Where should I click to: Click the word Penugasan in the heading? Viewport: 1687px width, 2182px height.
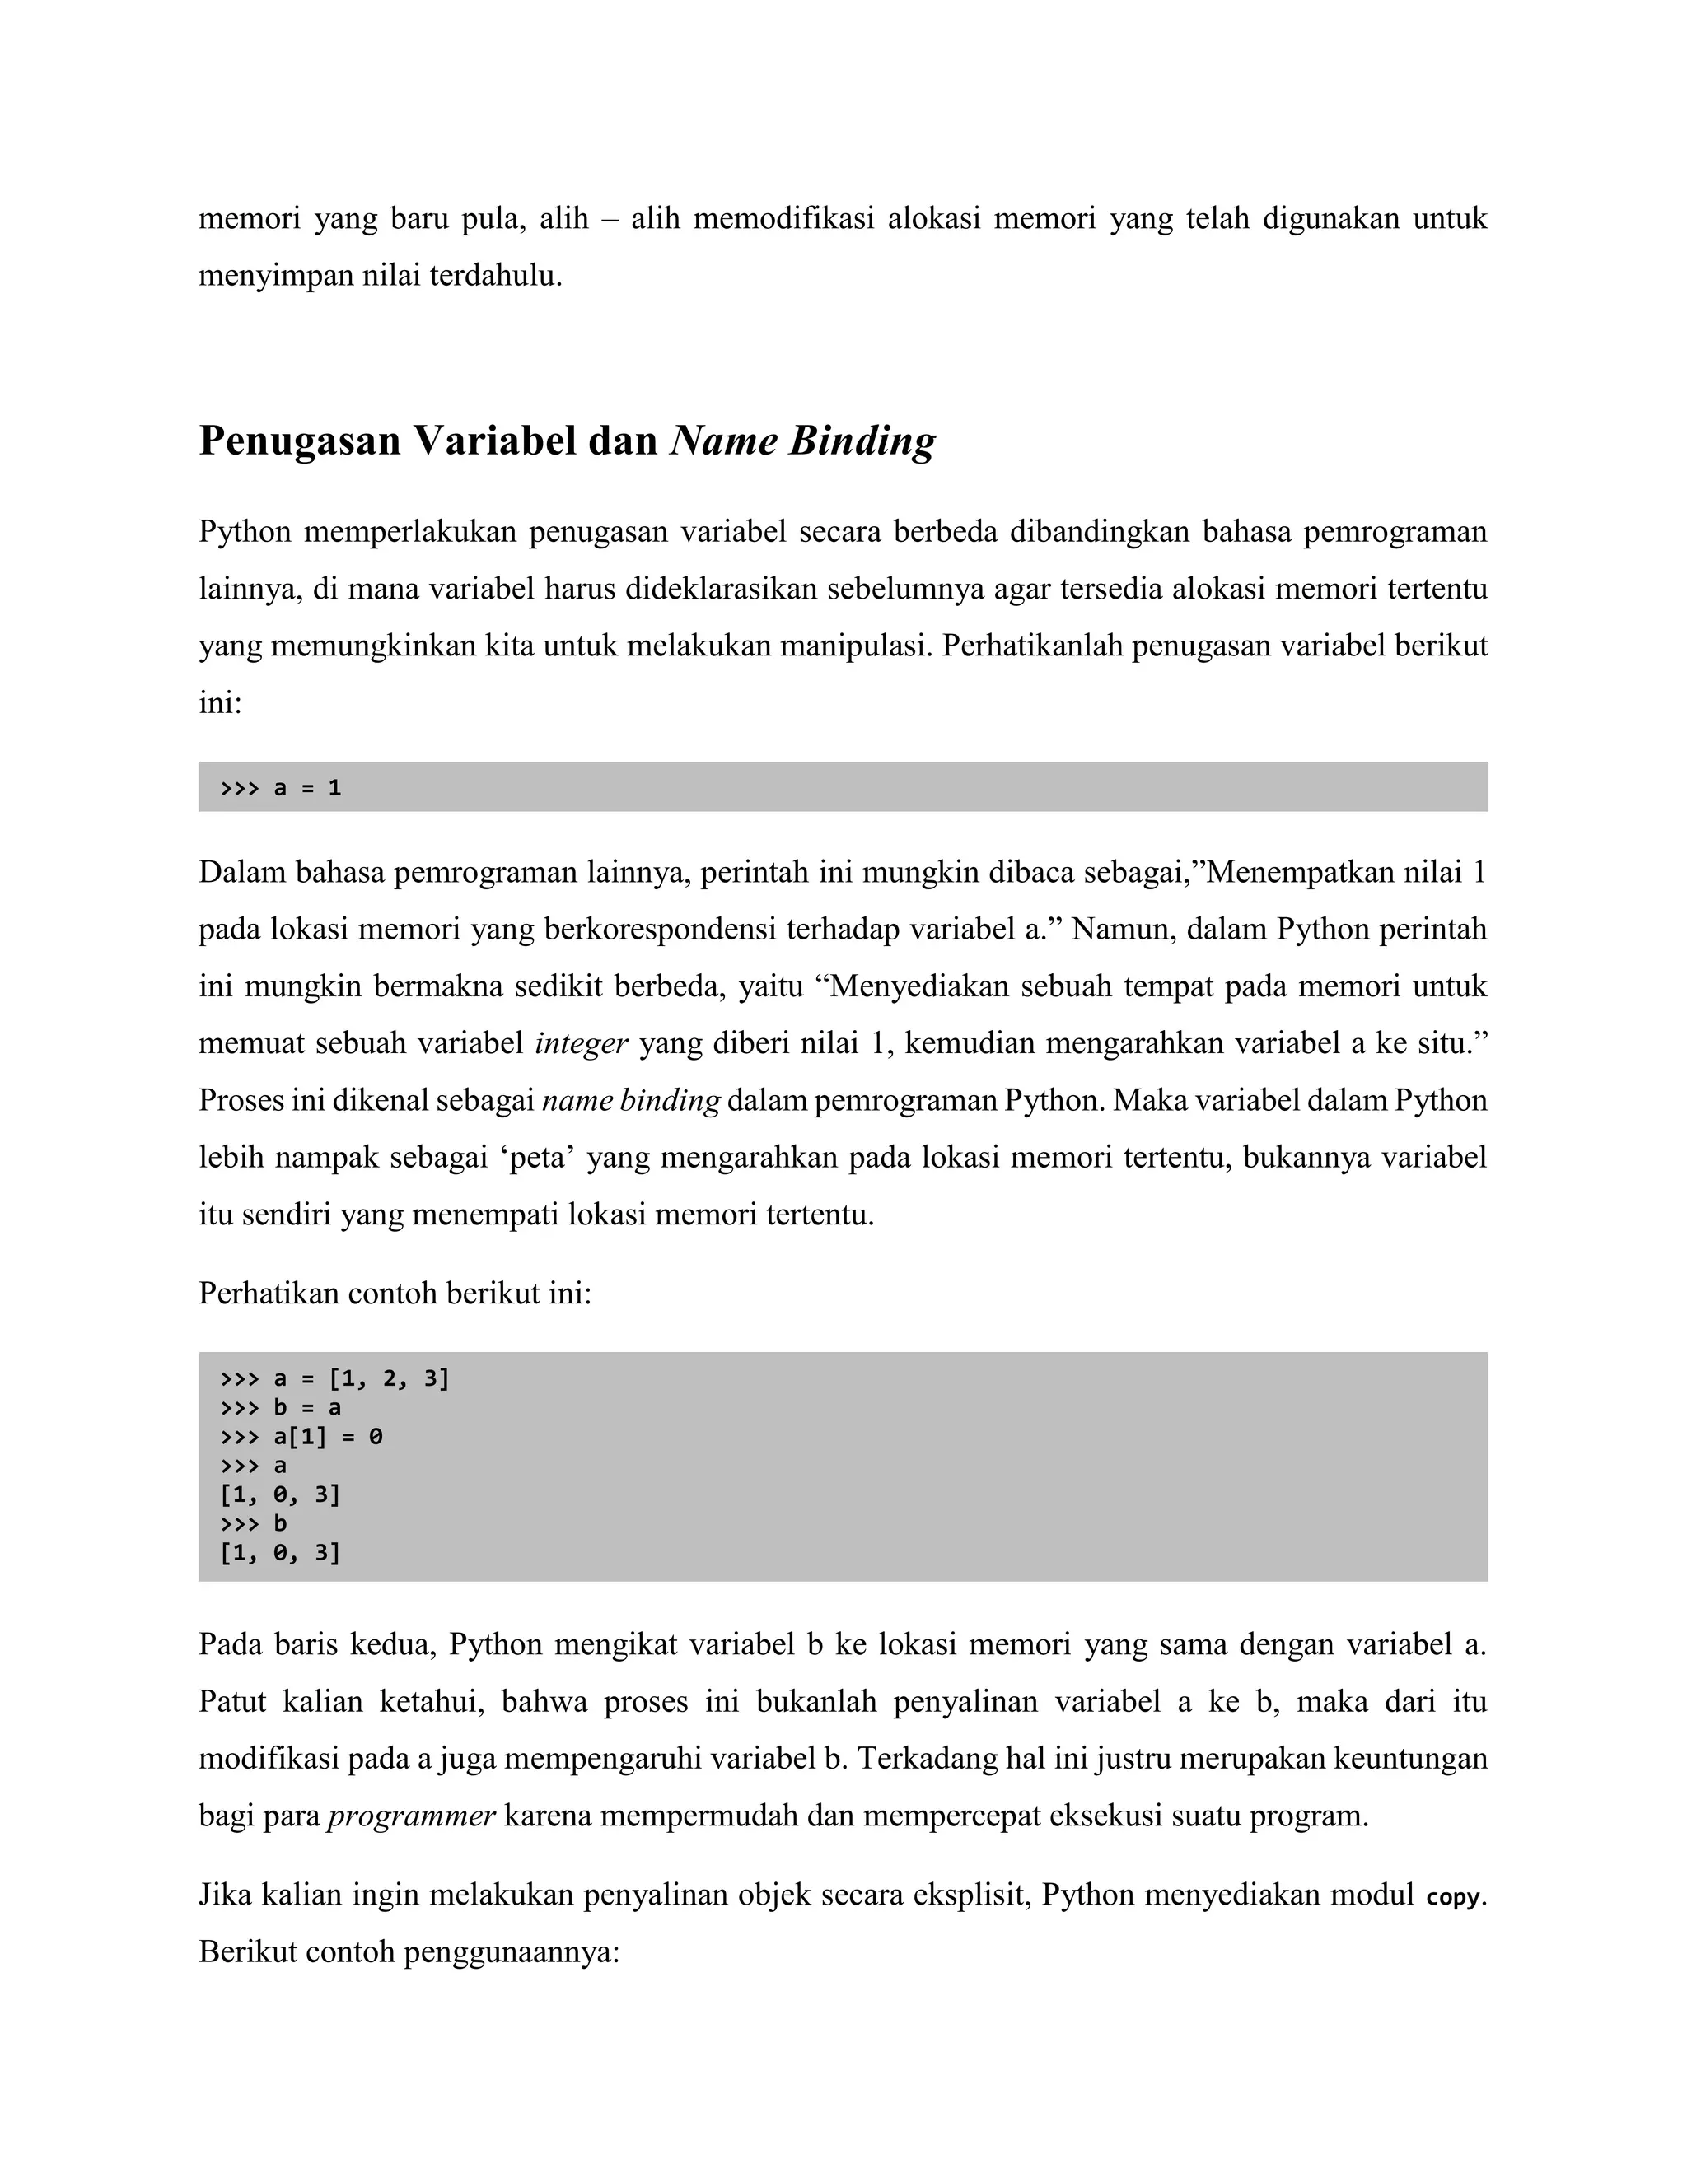(x=300, y=441)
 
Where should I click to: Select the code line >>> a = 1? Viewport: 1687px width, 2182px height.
(x=281, y=787)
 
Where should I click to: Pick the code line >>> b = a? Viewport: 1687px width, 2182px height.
(x=281, y=1408)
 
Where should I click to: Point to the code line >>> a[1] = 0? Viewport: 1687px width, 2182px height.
(x=301, y=1437)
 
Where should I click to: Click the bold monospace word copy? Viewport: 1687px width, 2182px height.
(x=1453, y=1897)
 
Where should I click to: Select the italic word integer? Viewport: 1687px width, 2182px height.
(x=582, y=1044)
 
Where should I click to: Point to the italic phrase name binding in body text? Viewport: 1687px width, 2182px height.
(x=631, y=1101)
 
